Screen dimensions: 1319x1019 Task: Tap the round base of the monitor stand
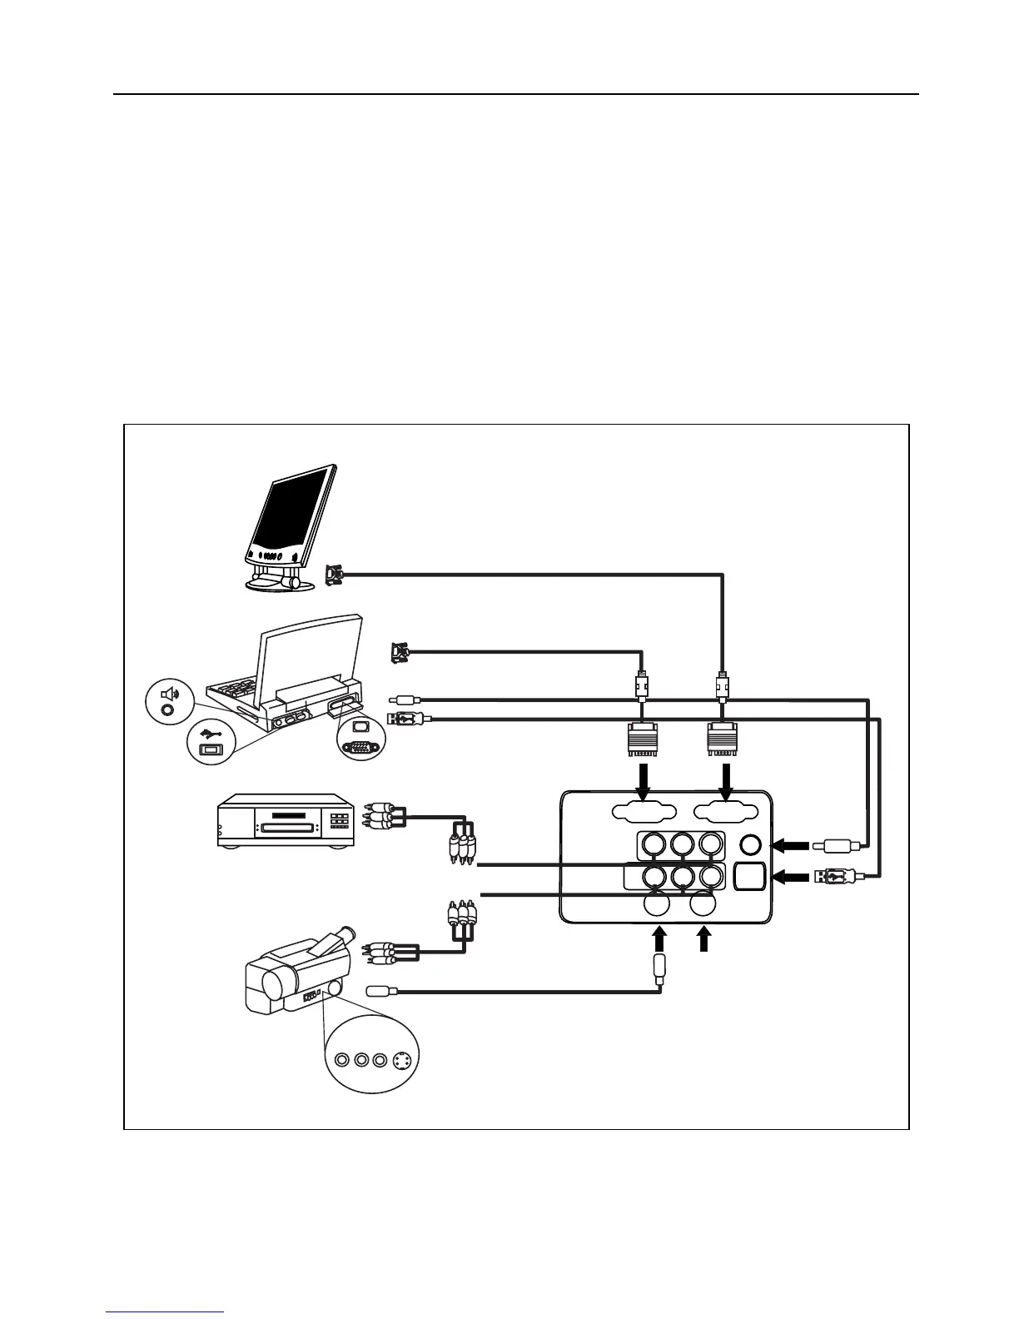(x=280, y=584)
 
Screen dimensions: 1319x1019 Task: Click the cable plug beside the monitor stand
(x=333, y=575)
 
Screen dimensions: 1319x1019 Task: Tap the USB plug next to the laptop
(x=407, y=718)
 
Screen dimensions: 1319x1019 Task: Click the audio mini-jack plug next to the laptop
(x=406, y=701)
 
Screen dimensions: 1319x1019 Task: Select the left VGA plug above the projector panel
(x=643, y=738)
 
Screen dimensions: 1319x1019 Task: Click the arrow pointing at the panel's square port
(x=792, y=876)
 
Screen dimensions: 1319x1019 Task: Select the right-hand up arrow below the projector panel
(x=704, y=940)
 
